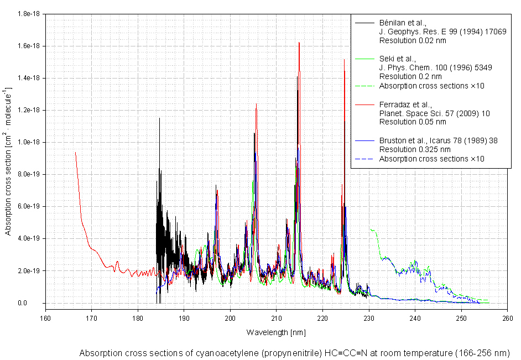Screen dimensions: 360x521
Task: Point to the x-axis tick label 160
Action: (x=45, y=317)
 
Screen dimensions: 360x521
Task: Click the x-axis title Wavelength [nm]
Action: (x=275, y=332)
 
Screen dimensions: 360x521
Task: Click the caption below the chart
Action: (x=294, y=353)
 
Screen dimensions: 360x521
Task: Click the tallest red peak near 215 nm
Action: (x=299, y=43)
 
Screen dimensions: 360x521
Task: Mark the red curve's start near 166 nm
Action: (x=75, y=152)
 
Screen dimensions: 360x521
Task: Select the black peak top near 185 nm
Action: (x=159, y=118)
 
